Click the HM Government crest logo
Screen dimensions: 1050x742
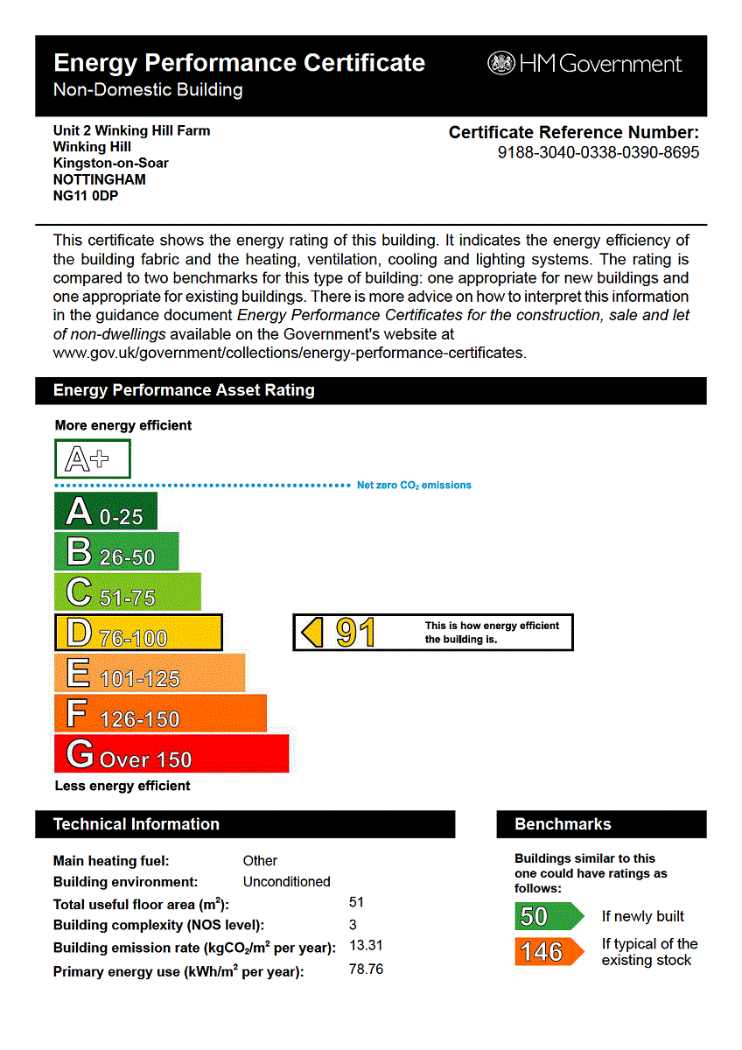pos(501,63)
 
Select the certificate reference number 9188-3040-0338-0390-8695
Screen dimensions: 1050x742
pos(598,153)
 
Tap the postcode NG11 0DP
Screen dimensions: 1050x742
pos(86,196)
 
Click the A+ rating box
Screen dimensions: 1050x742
pos(93,458)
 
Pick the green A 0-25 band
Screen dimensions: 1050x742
pos(106,511)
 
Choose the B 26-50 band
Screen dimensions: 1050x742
pos(116,552)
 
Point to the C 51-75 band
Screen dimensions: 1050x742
pos(128,592)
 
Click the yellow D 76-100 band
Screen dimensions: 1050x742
pos(138,633)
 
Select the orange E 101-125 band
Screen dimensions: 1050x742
pos(150,673)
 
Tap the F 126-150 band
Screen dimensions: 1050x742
pos(160,713)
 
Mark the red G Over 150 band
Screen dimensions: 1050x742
pos(171,754)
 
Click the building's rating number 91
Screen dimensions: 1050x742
pos(355,633)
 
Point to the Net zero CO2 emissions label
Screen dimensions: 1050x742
pos(414,485)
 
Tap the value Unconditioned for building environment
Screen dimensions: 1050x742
pos(286,882)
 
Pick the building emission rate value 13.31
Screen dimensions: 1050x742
pos(366,946)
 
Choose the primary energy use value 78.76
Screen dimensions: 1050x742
pos(366,969)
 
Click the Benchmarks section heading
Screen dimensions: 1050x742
pos(563,824)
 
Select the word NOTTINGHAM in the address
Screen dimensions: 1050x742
pos(99,179)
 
